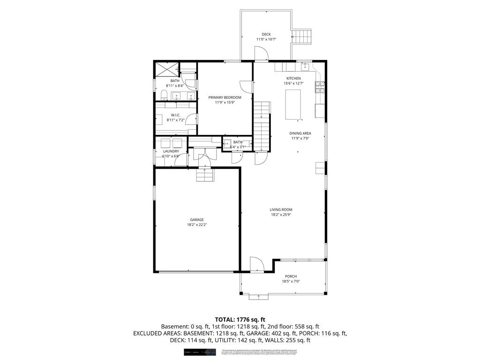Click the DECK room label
(x=266, y=34)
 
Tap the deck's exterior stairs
(x=302, y=36)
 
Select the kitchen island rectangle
(x=294, y=104)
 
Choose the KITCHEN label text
(x=294, y=78)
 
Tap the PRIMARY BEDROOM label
(x=225, y=97)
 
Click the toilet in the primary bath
(x=164, y=96)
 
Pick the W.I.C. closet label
(x=176, y=115)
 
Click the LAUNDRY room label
(x=171, y=151)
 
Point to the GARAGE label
(x=196, y=219)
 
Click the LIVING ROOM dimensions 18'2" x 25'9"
(x=281, y=215)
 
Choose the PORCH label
(x=291, y=277)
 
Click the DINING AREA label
(x=300, y=133)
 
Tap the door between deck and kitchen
(x=262, y=55)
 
